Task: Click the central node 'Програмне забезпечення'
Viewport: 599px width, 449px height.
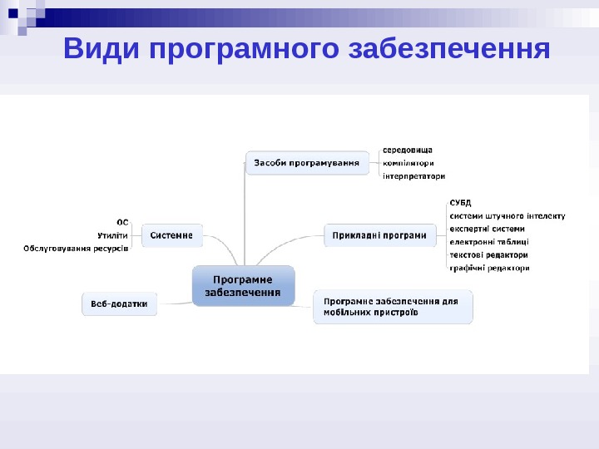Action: click(243, 285)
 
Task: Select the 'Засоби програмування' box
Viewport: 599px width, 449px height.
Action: click(307, 163)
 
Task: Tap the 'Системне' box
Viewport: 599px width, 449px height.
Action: click(171, 235)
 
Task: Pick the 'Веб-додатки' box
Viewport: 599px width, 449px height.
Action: click(120, 304)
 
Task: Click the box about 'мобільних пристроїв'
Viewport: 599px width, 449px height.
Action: click(392, 307)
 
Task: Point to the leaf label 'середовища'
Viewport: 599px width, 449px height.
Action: click(408, 150)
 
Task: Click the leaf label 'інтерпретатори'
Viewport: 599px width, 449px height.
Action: click(413, 176)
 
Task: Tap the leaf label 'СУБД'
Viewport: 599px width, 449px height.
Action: click(460, 202)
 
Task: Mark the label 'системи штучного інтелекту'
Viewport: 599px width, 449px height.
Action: click(507, 215)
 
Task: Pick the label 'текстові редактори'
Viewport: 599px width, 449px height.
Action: click(488, 255)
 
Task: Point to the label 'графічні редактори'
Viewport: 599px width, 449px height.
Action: click(489, 269)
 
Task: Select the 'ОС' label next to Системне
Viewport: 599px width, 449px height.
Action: click(122, 222)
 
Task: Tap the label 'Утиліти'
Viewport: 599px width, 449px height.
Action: click(113, 235)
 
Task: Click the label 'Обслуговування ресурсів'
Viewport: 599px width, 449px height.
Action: click(77, 249)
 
